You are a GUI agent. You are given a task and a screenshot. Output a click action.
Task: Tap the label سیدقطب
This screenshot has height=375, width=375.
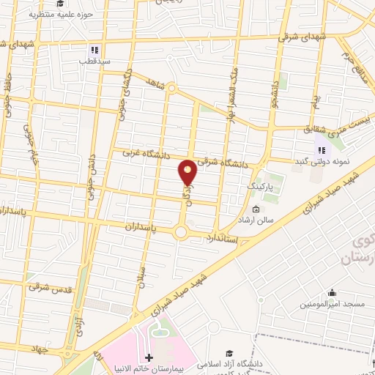click(94, 62)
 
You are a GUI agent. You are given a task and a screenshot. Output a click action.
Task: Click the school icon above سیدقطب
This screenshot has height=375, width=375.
click(94, 51)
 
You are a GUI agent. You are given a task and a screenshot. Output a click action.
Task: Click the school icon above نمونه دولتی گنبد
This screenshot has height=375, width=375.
click(319, 151)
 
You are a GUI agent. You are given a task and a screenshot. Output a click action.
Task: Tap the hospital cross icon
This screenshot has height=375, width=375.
click(149, 358)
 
